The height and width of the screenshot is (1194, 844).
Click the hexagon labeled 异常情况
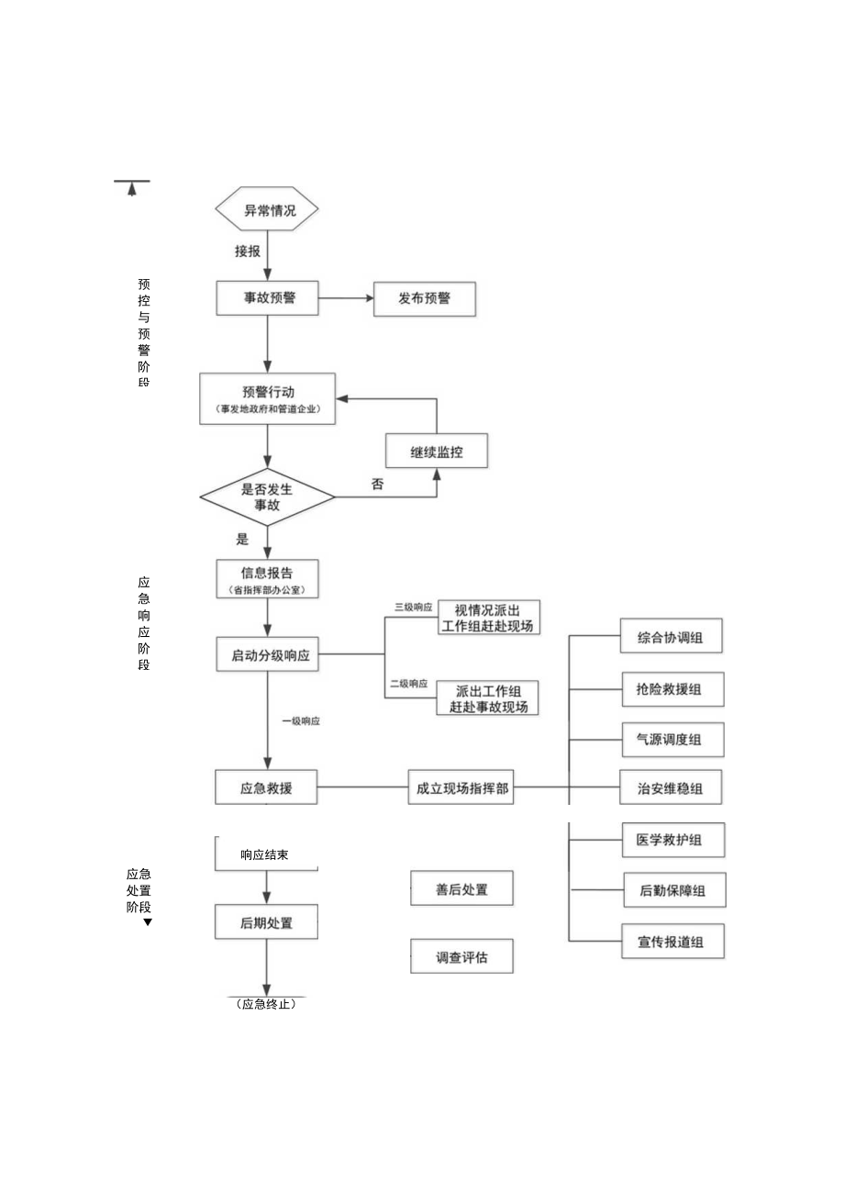click(268, 210)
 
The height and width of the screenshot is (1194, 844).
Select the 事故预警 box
click(268, 297)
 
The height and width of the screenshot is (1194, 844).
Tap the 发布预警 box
click(424, 298)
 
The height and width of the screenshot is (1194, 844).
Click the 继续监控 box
click(436, 451)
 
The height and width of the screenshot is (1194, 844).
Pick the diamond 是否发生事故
click(267, 497)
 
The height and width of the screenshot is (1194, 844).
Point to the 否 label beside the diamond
click(377, 484)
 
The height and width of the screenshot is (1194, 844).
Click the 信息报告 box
click(267, 579)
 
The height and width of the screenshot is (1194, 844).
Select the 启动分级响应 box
click(268, 655)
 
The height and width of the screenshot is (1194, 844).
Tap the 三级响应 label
click(413, 607)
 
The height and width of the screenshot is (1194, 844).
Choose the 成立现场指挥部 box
click(461, 787)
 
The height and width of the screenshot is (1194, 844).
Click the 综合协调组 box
click(671, 637)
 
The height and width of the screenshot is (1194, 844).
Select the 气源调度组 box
click(672, 739)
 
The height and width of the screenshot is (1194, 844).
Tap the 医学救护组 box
click(672, 839)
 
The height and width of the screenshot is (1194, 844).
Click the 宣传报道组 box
click(672, 941)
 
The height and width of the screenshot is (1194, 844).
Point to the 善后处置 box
click(461, 888)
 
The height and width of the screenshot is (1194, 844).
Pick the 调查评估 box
click(461, 956)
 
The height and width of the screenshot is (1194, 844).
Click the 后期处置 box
click(266, 922)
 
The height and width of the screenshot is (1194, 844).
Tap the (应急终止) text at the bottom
click(266, 1004)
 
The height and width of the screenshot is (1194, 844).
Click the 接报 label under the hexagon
click(247, 251)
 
